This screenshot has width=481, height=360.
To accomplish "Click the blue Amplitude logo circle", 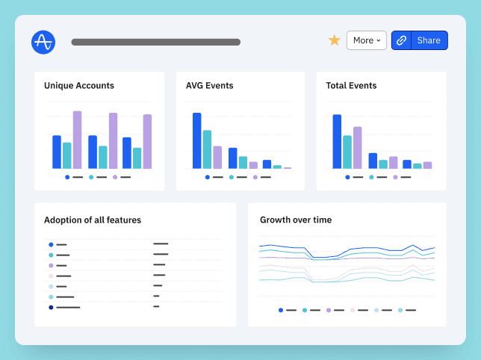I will coord(43,41).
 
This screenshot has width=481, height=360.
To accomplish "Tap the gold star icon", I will coord(335,40).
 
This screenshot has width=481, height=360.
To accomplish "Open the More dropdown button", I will coord(366,40).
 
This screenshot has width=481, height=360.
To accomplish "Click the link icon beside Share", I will coord(401,40).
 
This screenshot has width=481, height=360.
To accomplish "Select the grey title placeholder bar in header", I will coord(155,42).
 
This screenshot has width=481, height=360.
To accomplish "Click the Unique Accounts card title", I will coord(79,86).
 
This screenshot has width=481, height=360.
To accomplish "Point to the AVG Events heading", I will coord(209,86).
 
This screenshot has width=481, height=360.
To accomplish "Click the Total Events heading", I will coord(351,86).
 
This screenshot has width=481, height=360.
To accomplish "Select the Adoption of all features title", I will coord(93,220).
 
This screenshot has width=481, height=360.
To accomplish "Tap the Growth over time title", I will coord(296,220).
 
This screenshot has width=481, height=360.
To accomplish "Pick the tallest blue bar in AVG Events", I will coord(197,140).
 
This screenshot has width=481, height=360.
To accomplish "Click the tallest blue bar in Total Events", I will coord(337,141).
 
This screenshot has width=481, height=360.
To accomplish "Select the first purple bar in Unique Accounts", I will coord(77,140).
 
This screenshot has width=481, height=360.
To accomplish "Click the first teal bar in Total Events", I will coord(347,152).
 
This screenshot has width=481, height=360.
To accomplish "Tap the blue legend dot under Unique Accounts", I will coord(67,177).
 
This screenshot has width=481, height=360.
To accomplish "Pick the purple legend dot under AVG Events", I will coord(255,177).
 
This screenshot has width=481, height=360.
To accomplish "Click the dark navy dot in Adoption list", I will coord(51,307).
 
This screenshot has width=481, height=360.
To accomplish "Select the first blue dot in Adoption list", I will coord(51,244).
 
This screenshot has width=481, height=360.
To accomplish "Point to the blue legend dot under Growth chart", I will coord(281,310).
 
